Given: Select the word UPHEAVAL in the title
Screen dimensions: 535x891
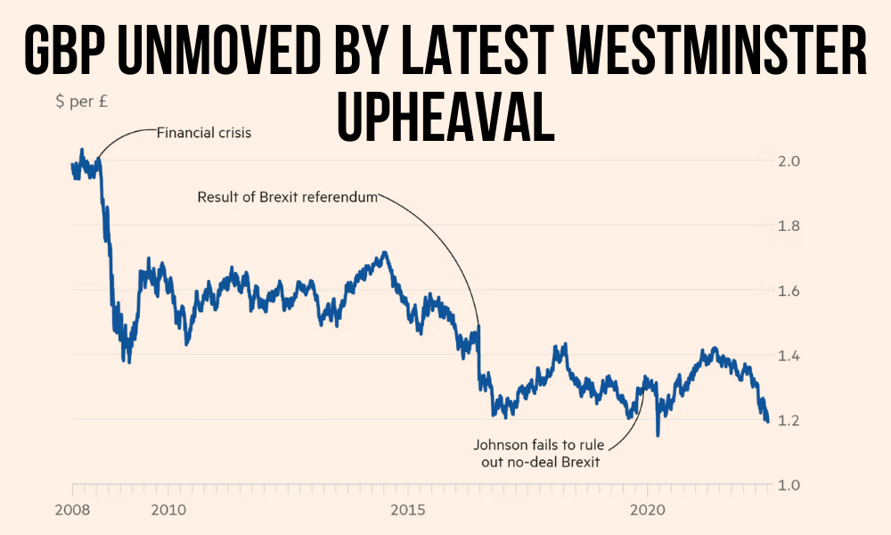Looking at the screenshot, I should (x=445, y=119).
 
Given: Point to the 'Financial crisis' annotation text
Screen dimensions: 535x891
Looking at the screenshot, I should (x=204, y=134).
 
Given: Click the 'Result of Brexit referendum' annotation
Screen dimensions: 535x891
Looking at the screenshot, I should (x=288, y=196).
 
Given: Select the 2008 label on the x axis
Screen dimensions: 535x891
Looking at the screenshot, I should (x=72, y=511).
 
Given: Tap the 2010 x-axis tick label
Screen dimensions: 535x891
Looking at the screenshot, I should (x=168, y=511).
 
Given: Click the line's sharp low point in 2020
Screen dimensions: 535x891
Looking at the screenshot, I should (x=658, y=435).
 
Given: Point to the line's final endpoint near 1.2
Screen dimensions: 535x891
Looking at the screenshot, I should (x=767, y=421).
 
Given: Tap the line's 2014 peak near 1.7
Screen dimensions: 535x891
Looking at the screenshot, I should (x=384, y=253).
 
